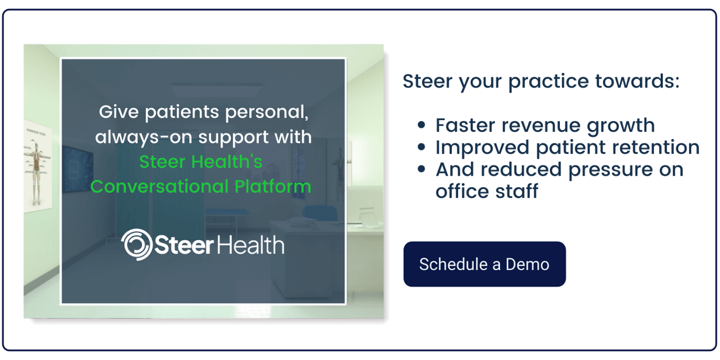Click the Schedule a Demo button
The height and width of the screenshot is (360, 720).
pyautogui.click(x=484, y=264)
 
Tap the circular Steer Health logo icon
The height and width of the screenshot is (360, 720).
pyautogui.click(x=136, y=244)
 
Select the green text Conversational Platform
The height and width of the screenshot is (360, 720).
pyautogui.click(x=200, y=186)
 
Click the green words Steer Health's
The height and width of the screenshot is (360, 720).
pyautogui.click(x=200, y=162)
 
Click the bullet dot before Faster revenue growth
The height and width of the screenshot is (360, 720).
pyautogui.click(x=422, y=126)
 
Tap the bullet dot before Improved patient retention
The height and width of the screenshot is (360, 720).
pyautogui.click(x=422, y=148)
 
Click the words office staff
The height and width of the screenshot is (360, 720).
pyautogui.click(x=486, y=192)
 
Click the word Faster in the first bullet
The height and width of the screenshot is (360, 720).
pyautogui.click(x=463, y=126)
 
